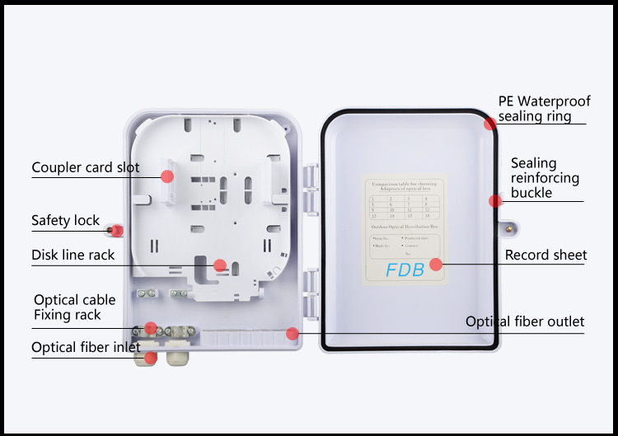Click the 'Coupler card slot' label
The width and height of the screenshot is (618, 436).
click(86, 167)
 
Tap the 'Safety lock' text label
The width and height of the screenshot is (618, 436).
click(65, 220)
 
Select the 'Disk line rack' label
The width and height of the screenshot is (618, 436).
click(73, 255)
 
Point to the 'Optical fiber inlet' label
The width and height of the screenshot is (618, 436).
click(86, 347)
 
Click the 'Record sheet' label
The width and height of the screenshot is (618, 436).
click(545, 255)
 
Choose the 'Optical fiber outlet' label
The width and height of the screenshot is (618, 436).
click(525, 321)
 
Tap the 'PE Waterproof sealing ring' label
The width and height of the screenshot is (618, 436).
click(544, 109)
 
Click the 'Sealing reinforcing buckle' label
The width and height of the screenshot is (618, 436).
click(545, 177)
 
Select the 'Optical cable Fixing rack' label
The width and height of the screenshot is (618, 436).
click(74, 307)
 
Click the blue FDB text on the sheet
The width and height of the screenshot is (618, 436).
click(405, 270)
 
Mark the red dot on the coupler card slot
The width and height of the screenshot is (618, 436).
click(166, 176)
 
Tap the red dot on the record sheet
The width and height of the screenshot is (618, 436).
click(436, 265)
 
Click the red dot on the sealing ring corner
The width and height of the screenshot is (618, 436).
click(490, 124)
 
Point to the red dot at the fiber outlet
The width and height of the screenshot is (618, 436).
click(292, 333)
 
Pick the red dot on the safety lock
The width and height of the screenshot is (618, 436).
click(116, 230)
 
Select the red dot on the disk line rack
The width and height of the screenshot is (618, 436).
click(219, 265)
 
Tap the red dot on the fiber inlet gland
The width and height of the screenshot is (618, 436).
click(151, 358)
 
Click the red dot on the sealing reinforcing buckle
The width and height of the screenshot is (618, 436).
click(495, 200)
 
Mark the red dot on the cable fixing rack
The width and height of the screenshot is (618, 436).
click(151, 328)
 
